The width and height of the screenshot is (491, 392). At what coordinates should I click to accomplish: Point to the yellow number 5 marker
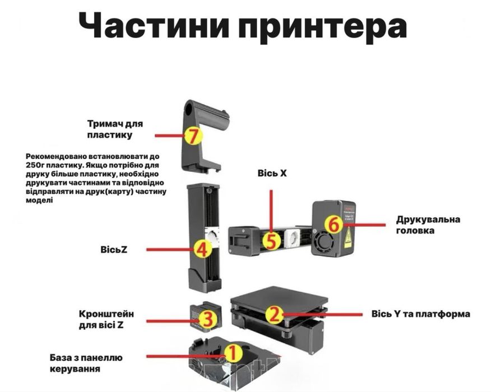point(270,241)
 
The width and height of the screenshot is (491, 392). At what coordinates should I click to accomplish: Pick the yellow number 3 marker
point(207,319)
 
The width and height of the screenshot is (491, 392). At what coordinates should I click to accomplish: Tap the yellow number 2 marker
point(274,314)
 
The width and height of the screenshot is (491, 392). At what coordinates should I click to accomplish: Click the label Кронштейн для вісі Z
point(106,319)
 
